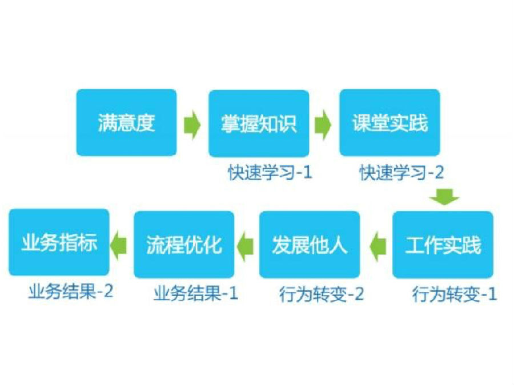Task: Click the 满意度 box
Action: point(127,123)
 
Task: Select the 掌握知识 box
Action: point(259,123)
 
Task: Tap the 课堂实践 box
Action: point(389,123)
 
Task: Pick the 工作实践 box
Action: point(443,245)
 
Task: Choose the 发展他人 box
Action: point(310,245)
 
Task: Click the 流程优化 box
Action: point(184,245)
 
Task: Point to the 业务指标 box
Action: point(59,242)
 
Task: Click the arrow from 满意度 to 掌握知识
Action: point(192,125)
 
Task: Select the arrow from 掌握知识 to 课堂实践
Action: point(323,125)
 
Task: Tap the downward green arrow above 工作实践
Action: point(445,196)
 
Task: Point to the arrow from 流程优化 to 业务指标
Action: point(118,245)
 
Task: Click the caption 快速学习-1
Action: point(271,172)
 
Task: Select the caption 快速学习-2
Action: point(402,172)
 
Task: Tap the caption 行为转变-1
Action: point(455,294)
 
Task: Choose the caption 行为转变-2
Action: point(322,294)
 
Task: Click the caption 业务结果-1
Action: point(196,293)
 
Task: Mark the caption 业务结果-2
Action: point(71,291)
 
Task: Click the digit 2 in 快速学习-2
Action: point(439,172)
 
